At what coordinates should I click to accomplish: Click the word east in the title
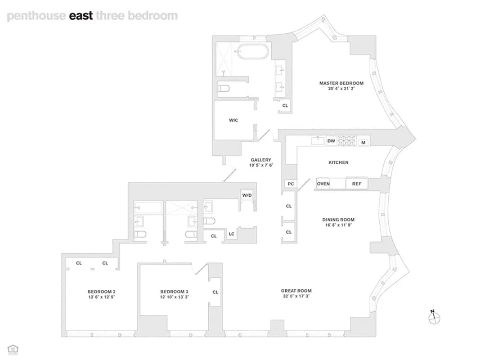pyautogui.click(x=81, y=16)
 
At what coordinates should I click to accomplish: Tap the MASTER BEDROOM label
pyautogui.click(x=341, y=83)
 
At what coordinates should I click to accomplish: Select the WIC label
pyautogui.click(x=233, y=120)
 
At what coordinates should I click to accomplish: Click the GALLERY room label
pyautogui.click(x=261, y=160)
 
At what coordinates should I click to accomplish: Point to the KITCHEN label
pyautogui.click(x=338, y=162)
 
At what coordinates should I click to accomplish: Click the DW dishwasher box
pyautogui.click(x=331, y=141)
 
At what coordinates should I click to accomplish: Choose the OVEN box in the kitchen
pyautogui.click(x=323, y=184)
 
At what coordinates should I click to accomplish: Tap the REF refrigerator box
pyautogui.click(x=356, y=184)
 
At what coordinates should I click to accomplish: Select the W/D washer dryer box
pyautogui.click(x=247, y=195)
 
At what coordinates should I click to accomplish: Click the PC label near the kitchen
pyautogui.click(x=290, y=184)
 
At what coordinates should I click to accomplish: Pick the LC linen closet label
pyautogui.click(x=231, y=234)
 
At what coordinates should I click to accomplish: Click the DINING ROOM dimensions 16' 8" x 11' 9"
pyautogui.click(x=341, y=225)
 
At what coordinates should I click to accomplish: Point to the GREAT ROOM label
pyautogui.click(x=296, y=291)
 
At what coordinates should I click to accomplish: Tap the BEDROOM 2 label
pyautogui.click(x=101, y=292)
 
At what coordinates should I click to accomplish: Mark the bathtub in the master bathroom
pyautogui.click(x=252, y=51)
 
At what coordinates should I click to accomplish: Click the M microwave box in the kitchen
pyautogui.click(x=363, y=143)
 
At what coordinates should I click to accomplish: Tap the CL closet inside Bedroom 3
pyautogui.click(x=215, y=292)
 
